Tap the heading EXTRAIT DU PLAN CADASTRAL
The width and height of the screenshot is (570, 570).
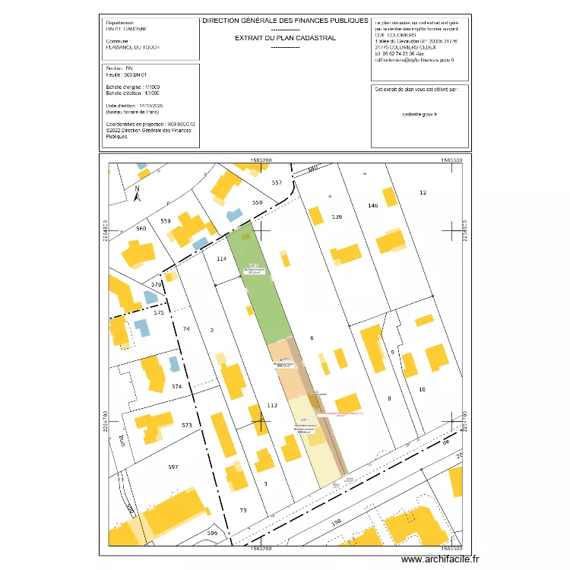[285, 37]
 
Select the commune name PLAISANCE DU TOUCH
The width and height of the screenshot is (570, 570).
[134, 47]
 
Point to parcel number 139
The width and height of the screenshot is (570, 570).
[337, 217]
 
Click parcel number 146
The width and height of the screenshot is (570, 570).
[372, 206]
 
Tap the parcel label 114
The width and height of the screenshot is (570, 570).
[222, 259]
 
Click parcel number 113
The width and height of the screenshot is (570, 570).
[271, 406]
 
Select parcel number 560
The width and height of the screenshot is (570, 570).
[141, 229]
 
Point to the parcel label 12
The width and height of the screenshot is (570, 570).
[423, 193]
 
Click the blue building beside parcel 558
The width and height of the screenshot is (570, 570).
[234, 215]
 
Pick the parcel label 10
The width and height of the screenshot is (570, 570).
[423, 390]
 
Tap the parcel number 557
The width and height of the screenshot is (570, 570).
[277, 182]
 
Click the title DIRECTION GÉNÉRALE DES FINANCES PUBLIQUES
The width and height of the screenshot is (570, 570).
[285, 21]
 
